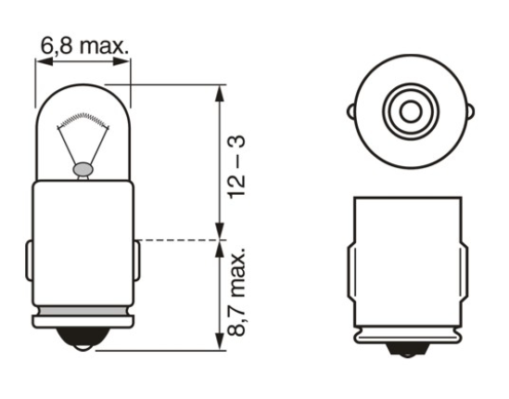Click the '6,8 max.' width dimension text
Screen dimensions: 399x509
[x=83, y=43]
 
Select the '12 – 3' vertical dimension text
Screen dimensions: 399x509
[x=238, y=164]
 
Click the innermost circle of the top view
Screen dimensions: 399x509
[x=408, y=111]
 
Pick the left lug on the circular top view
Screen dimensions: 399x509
[x=351, y=111]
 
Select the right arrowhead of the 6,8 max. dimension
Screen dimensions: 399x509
[x=126, y=60]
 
